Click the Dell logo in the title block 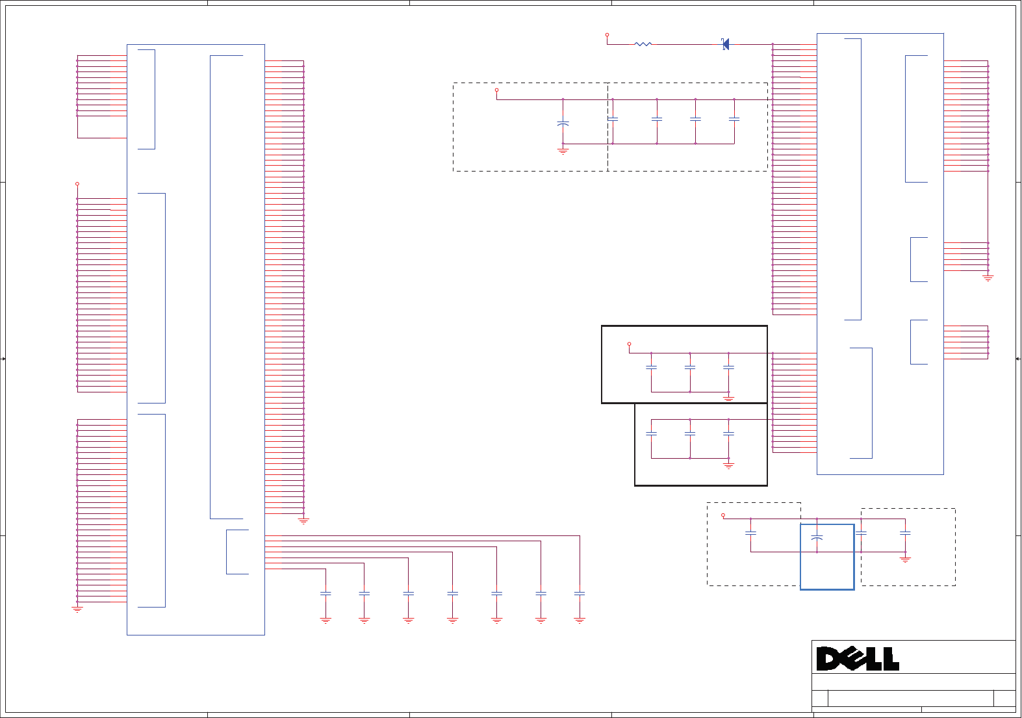tap(858, 659)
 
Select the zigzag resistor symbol tap(643, 44)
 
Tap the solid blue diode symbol tap(726, 44)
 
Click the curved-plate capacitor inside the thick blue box tap(817, 538)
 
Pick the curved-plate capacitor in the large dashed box tap(563, 123)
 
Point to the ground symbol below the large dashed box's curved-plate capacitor tap(563, 151)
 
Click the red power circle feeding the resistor tap(607, 35)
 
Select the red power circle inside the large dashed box tap(496, 90)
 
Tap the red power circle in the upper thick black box tap(629, 344)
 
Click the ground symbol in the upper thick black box tap(728, 398)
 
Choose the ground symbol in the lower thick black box tap(728, 465)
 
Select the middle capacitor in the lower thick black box tap(690, 433)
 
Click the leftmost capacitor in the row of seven tap(326, 593)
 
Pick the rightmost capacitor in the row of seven tap(580, 593)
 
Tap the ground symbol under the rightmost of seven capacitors tap(580, 621)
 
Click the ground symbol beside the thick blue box tap(905, 559)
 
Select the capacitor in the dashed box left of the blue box tap(750, 533)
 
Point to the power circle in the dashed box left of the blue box tap(723, 515)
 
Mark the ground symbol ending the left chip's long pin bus tap(303, 520)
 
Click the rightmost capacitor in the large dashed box tap(734, 120)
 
